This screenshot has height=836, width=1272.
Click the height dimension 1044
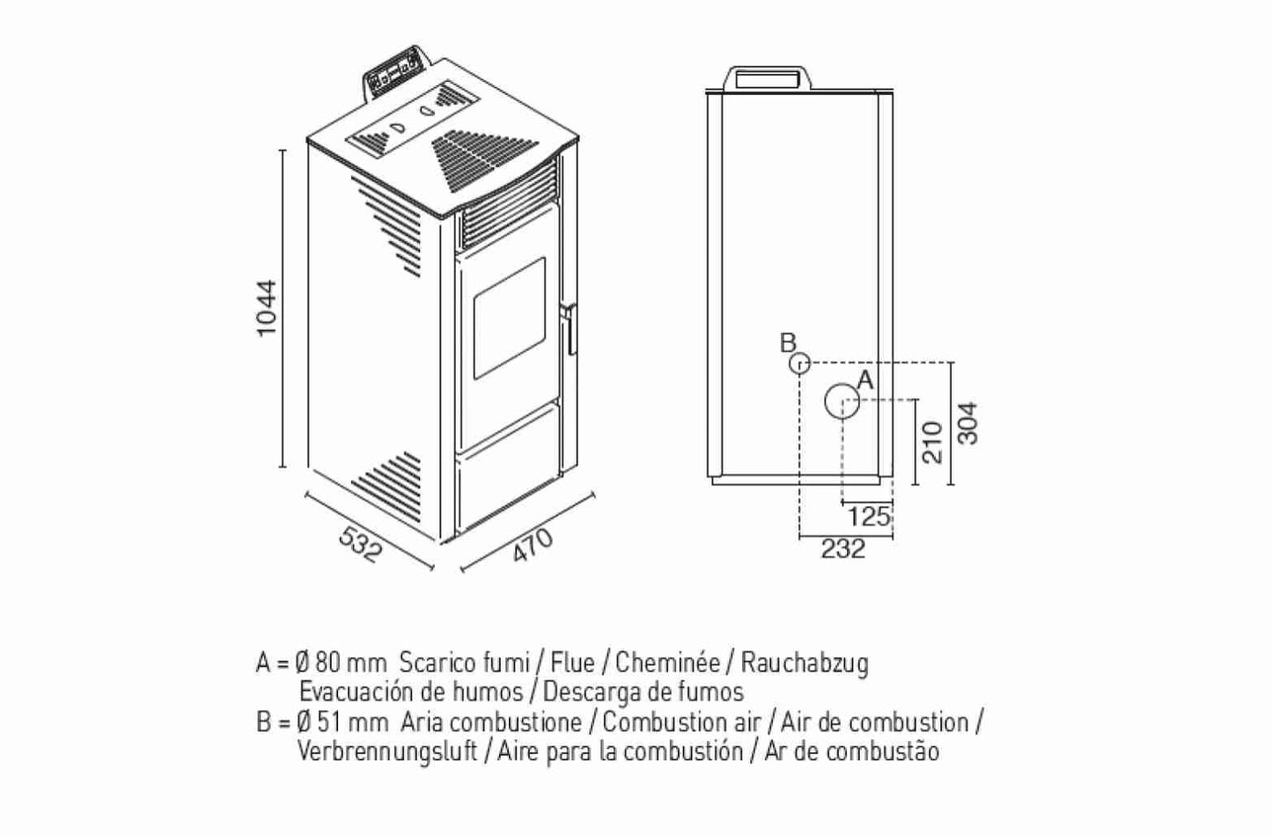coord(267,307)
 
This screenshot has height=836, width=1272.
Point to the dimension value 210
coord(933,441)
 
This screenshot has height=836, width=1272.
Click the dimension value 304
coord(967,423)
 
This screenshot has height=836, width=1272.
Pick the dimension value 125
coord(870,516)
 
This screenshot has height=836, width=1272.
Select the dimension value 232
coord(842,549)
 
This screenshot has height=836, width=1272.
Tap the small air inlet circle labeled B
coord(798,363)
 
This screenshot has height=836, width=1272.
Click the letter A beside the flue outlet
coord(864,380)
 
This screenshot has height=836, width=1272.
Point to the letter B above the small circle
coord(789,342)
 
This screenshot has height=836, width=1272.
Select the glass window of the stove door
coord(510,319)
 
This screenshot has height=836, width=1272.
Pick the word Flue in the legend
coord(573,662)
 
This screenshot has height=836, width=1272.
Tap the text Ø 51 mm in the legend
coord(342,722)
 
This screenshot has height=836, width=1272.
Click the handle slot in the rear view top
coord(768,77)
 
